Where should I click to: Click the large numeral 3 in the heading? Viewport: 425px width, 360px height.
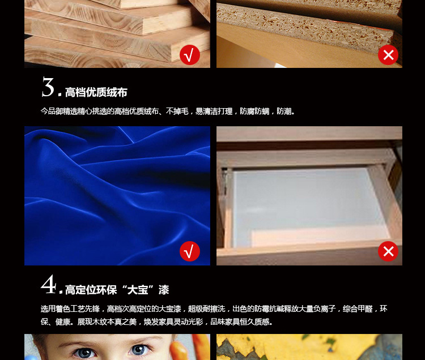[48, 87]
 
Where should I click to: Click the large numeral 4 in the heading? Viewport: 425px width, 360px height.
[48, 284]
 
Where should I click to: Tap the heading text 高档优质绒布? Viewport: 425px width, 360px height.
[96, 92]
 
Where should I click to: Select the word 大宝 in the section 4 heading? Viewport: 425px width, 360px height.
[138, 290]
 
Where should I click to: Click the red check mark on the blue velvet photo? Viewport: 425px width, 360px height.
[190, 251]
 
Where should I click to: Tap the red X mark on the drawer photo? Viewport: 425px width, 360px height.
[388, 251]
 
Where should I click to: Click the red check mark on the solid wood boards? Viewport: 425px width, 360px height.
[190, 55]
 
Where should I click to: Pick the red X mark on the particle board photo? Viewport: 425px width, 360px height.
[388, 55]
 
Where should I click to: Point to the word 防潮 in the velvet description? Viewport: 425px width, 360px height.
[284, 112]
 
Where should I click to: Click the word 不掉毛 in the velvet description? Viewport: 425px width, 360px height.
[177, 112]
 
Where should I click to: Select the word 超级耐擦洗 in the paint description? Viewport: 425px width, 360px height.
[206, 309]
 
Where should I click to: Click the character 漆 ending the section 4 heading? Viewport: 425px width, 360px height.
[164, 290]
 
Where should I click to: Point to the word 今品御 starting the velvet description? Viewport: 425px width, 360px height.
[52, 112]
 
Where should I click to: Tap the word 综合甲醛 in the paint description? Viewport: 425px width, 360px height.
[358, 309]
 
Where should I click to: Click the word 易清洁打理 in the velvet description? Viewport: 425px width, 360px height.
[214, 112]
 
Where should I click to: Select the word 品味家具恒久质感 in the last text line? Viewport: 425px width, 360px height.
[240, 322]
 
